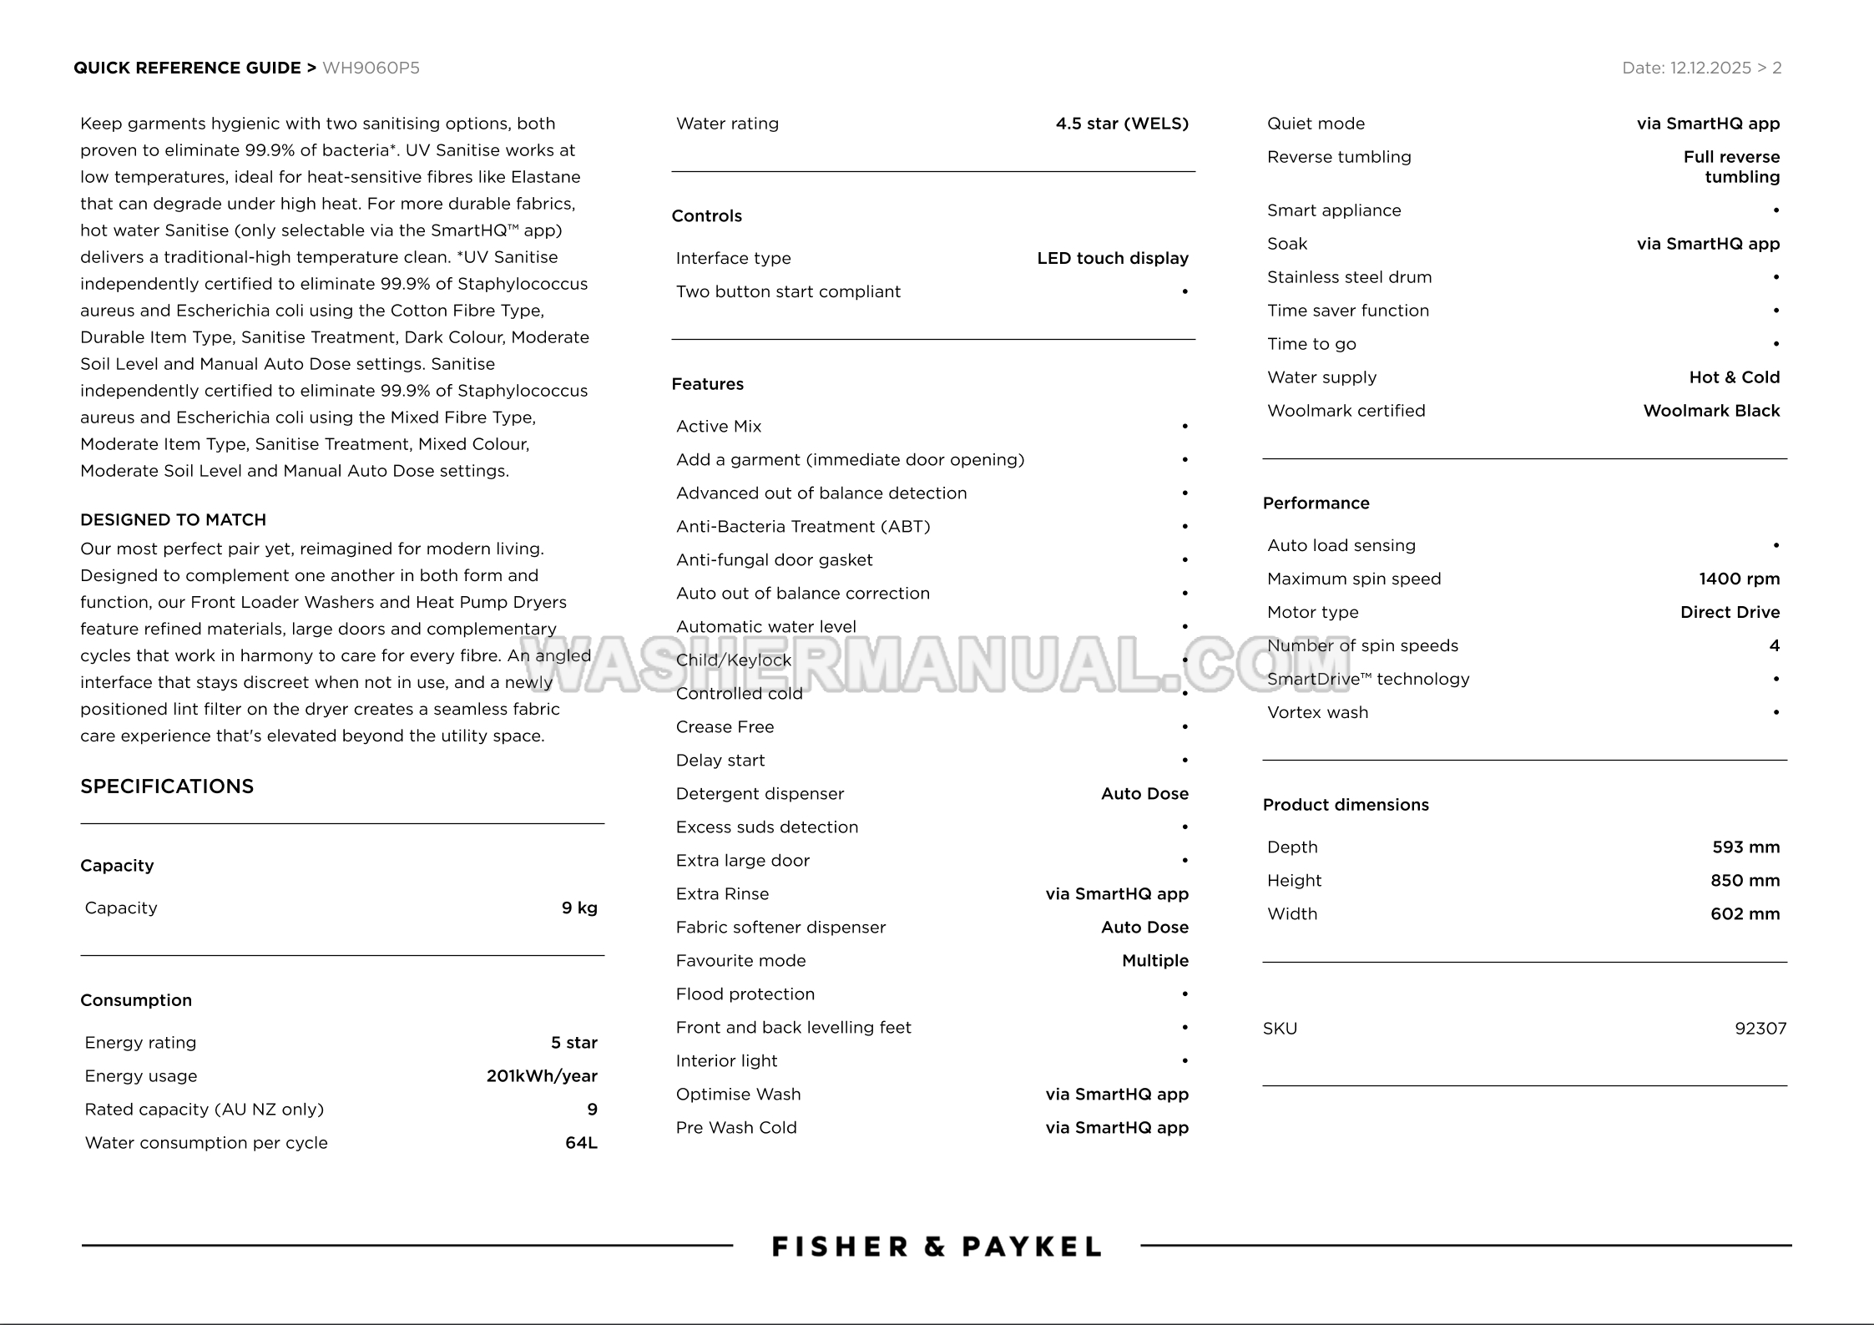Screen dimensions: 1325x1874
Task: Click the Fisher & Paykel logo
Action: pyautogui.click(x=936, y=1247)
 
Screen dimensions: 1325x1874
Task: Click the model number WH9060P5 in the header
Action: pyautogui.click(x=371, y=68)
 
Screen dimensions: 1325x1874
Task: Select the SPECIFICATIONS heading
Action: pyautogui.click(x=167, y=786)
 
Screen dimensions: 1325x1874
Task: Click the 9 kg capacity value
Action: pyautogui.click(x=579, y=908)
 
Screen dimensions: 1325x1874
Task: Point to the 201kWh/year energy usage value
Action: pyautogui.click(x=542, y=1076)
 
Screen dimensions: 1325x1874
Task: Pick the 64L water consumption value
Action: pyautogui.click(x=581, y=1143)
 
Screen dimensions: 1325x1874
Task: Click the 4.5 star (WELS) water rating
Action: pyautogui.click(x=1121, y=124)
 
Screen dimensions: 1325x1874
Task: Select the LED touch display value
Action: pyautogui.click(x=1112, y=258)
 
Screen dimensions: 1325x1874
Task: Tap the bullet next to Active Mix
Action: pyautogui.click(x=1185, y=427)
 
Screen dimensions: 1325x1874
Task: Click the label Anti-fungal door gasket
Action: pyautogui.click(x=774, y=560)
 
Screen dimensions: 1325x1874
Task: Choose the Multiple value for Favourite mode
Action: pyautogui.click(x=1154, y=961)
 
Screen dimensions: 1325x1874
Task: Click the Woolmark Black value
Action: pyautogui.click(x=1711, y=411)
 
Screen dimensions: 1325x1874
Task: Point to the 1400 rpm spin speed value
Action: pyautogui.click(x=1739, y=579)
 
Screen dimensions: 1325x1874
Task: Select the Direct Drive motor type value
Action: pyautogui.click(x=1730, y=612)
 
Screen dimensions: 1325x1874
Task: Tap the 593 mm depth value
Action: pyautogui.click(x=1745, y=847)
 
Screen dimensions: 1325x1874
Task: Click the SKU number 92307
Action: pyautogui.click(x=1760, y=1029)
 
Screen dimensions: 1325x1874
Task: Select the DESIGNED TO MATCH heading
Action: pyautogui.click(x=173, y=520)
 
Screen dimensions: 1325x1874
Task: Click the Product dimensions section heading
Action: pyautogui.click(x=1346, y=805)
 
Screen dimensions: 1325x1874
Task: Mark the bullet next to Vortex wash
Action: pyautogui.click(x=1776, y=713)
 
